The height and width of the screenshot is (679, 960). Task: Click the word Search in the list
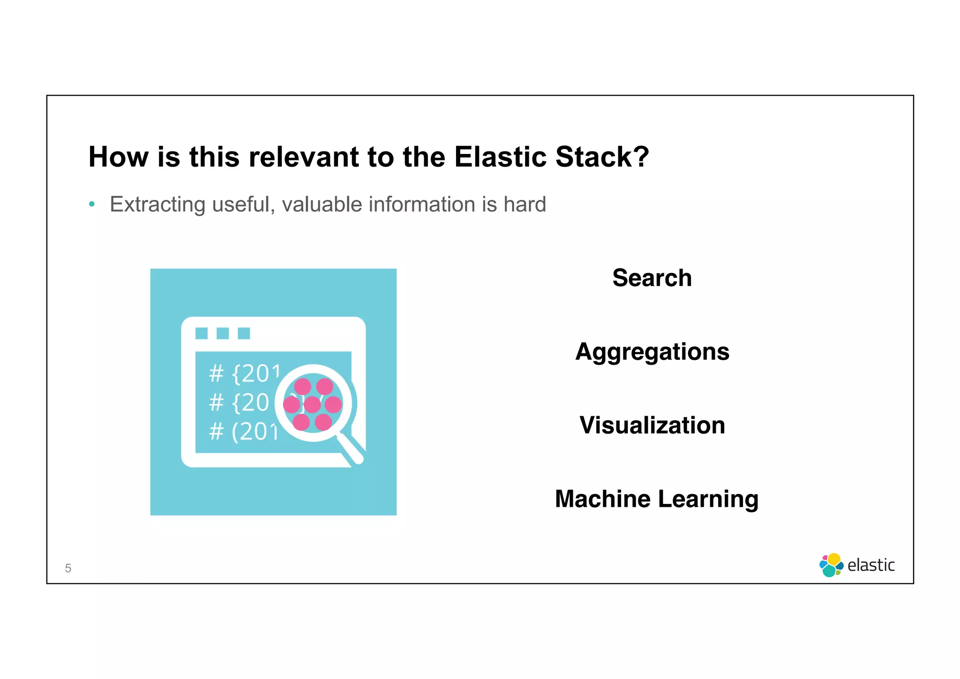[652, 278]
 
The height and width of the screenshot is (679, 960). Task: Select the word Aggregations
[652, 352]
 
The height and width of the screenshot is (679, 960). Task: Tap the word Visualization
[652, 425]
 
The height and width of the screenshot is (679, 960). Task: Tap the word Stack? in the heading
[602, 157]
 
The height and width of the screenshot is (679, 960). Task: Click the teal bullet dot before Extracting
[92, 204]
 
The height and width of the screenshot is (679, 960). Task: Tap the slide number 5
[68, 568]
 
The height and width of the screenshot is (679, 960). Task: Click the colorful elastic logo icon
[831, 565]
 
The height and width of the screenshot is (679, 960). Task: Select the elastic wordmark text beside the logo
[871, 565]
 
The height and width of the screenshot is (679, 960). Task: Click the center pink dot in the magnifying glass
[312, 404]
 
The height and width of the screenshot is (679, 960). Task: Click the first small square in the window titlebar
[202, 333]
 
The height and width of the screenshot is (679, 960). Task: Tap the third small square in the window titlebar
[244, 333]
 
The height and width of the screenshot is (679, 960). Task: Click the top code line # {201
[244, 374]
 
